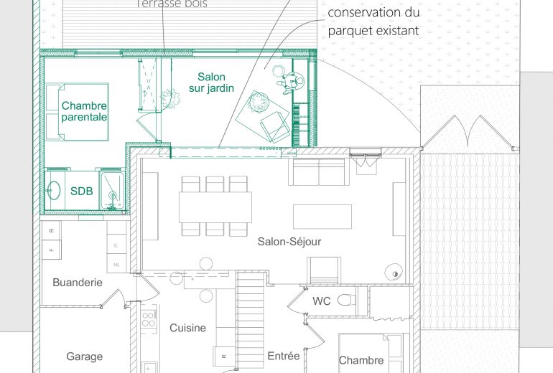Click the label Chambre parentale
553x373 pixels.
tap(84, 111)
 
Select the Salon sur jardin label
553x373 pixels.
tap(212, 83)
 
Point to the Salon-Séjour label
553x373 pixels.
tap(289, 242)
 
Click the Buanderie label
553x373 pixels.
tap(78, 283)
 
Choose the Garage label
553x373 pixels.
tap(84, 356)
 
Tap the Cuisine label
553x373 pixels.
tap(187, 328)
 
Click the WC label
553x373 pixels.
tap(321, 301)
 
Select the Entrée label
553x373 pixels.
tap(283, 356)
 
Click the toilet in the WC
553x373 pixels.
tap(345, 300)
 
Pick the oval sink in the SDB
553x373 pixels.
tap(54, 191)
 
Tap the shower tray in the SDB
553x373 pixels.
tap(111, 191)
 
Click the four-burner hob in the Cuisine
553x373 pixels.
tap(149, 317)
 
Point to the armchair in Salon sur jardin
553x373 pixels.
tap(274, 127)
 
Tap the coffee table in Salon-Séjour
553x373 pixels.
tap(322, 215)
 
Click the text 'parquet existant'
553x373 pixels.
tap(373, 31)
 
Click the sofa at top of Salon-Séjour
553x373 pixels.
tap(317, 172)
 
